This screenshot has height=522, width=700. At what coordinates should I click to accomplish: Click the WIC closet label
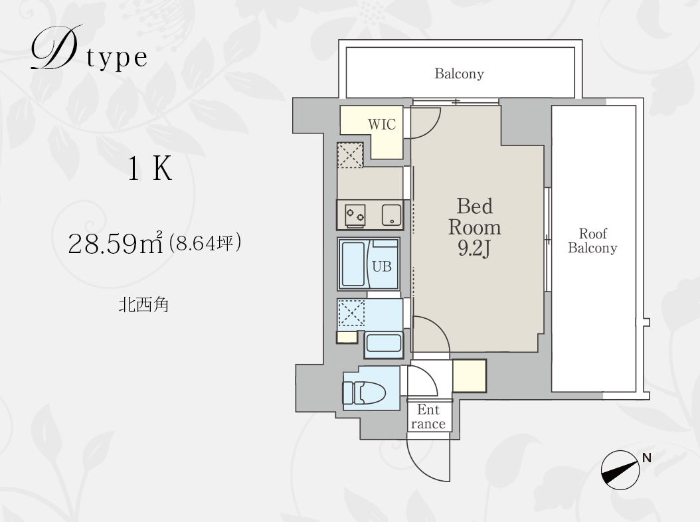[382, 124]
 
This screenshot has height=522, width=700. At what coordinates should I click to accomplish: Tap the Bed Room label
[475, 217]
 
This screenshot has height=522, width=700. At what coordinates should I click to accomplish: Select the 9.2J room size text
[474, 248]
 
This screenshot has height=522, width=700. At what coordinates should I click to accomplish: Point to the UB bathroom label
[382, 266]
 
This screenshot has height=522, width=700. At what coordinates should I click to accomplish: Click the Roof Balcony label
[592, 240]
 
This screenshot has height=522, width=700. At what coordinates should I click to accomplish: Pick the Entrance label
[428, 416]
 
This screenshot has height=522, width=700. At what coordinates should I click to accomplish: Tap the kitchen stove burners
[355, 216]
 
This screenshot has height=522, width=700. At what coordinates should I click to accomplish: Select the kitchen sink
[392, 215]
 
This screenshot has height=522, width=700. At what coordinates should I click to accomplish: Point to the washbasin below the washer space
[383, 343]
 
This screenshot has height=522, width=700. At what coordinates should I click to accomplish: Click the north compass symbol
[620, 470]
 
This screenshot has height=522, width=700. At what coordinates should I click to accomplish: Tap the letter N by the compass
[646, 458]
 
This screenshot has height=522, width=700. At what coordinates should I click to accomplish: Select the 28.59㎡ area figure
[115, 243]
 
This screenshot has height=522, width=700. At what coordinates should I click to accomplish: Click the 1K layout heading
[149, 169]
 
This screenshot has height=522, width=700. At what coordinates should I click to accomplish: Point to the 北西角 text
[143, 305]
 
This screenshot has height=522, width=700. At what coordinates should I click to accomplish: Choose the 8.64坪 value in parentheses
[205, 242]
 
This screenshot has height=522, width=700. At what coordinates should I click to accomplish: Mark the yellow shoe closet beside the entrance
[469, 376]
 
